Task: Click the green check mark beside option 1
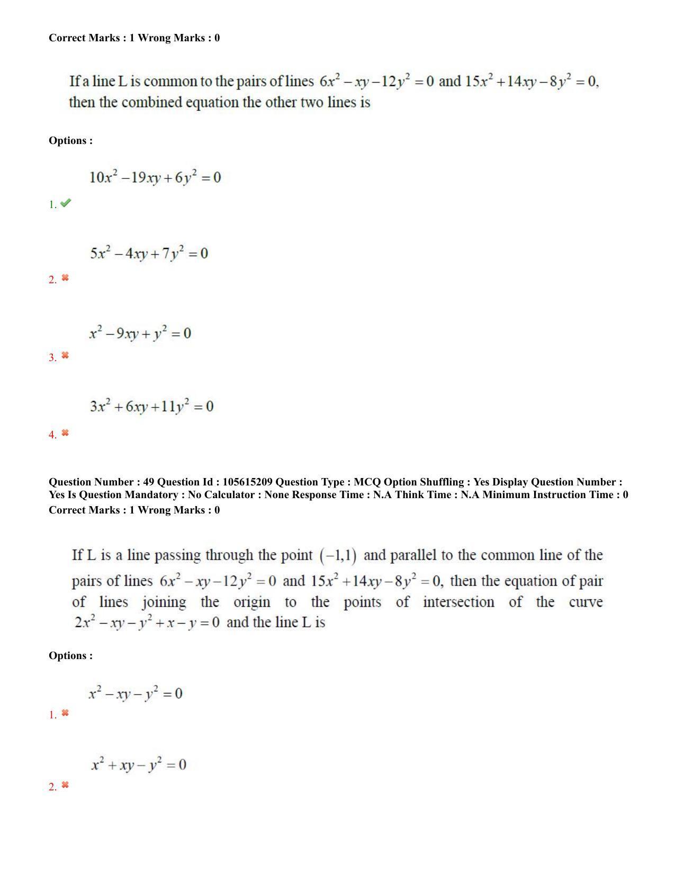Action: tap(66, 203)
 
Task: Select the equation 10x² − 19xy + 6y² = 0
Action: tap(155, 177)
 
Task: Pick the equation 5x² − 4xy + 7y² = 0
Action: tap(149, 254)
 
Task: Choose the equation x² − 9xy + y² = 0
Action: tap(140, 334)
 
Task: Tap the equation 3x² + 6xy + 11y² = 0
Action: tap(151, 407)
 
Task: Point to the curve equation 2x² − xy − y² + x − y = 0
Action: tap(147, 623)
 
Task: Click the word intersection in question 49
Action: tap(458, 602)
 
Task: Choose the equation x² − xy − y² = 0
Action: tap(136, 693)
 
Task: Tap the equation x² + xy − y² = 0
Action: tap(139, 765)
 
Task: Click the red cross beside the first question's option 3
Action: tap(65, 355)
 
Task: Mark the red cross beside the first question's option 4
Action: tap(65, 433)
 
